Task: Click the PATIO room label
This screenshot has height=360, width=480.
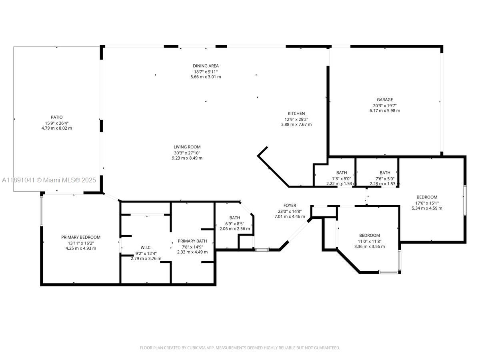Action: (x=56, y=117)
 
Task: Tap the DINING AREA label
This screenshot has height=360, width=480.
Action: (x=206, y=66)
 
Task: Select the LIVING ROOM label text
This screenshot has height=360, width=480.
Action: (x=187, y=147)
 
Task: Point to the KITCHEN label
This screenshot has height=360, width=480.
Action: (x=296, y=114)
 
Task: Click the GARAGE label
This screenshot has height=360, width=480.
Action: (x=384, y=100)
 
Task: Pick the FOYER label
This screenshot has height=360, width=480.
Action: (x=290, y=206)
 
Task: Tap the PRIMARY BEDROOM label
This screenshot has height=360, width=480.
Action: (x=80, y=237)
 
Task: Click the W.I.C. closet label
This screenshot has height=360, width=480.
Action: (x=146, y=247)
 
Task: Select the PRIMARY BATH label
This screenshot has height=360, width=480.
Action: (x=192, y=241)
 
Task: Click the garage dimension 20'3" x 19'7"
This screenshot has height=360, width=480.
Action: (x=384, y=105)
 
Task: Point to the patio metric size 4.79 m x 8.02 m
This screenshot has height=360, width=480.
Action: (x=56, y=128)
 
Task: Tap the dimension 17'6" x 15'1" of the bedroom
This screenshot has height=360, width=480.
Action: (x=427, y=202)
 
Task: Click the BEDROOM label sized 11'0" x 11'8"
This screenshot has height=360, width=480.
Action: (x=369, y=235)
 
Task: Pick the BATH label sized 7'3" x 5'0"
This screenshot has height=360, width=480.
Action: (x=341, y=173)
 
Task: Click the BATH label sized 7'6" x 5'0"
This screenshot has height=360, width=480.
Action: (x=385, y=173)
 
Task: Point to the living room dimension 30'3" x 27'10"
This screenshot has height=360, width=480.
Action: (x=187, y=152)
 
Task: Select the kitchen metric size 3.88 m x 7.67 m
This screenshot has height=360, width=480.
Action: (x=296, y=124)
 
